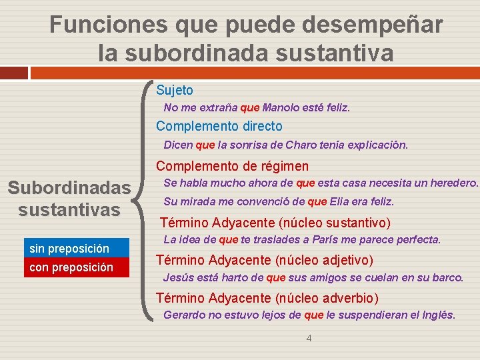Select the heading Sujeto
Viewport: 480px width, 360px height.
tap(175, 90)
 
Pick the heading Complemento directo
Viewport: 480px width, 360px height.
tap(219, 126)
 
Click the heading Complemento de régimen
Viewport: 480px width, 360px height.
tap(233, 166)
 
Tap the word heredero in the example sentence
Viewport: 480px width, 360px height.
tap(455, 183)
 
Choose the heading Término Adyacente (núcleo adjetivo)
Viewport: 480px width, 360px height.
tap(264, 260)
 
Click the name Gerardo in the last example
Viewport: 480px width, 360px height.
tap(184, 315)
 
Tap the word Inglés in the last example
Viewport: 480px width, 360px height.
tap(437, 315)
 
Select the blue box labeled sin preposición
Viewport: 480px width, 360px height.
tap(76, 249)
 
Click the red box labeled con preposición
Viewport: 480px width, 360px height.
tap(76, 268)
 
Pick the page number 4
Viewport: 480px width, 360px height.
tap(309, 338)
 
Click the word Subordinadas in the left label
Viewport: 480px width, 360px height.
tap(69, 189)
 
